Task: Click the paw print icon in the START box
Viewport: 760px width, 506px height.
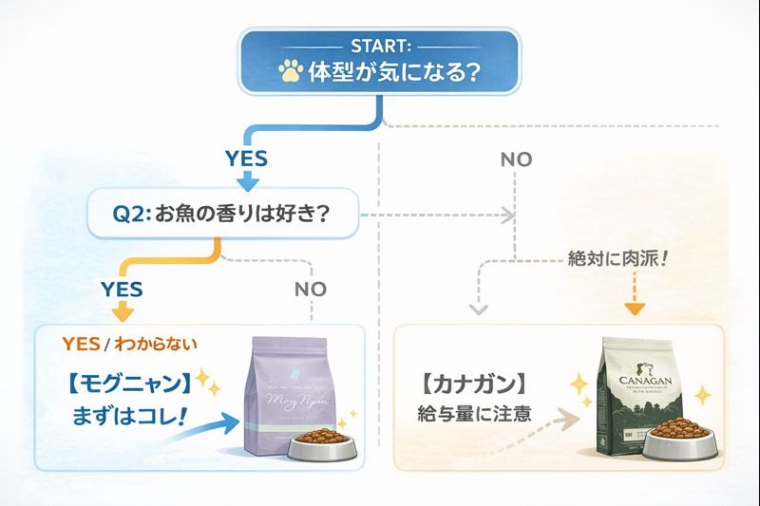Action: (291, 71)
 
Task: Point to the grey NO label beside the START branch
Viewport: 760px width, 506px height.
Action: (516, 159)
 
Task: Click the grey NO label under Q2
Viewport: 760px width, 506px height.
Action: (311, 288)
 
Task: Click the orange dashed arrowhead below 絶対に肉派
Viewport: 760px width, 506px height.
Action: (635, 308)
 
